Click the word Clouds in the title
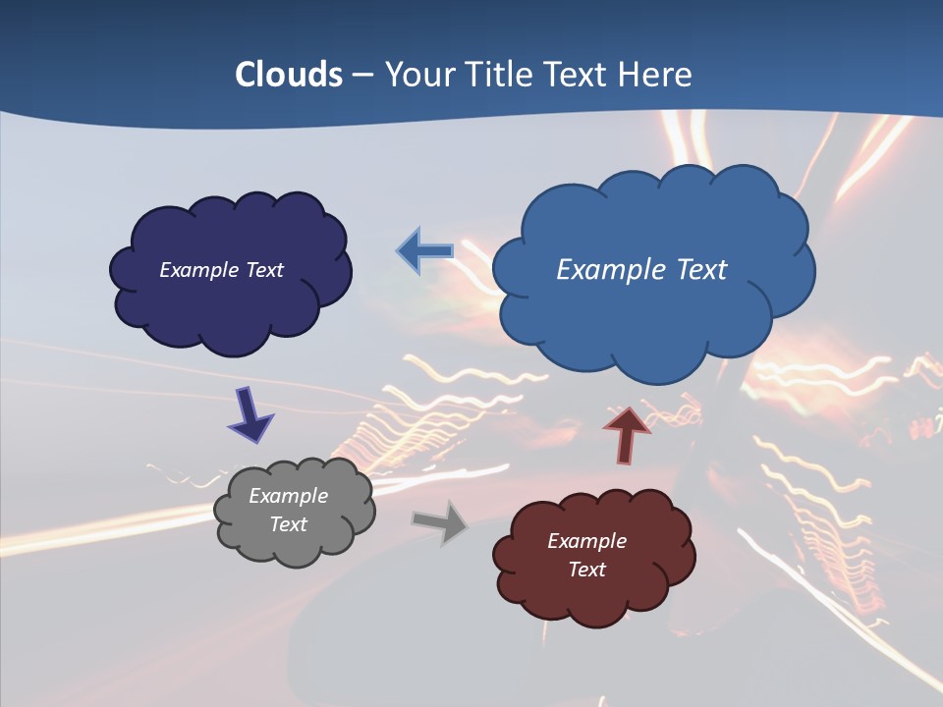point(289,75)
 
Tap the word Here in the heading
point(655,75)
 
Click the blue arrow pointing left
point(425,251)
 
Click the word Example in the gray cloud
point(288,497)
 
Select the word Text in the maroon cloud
point(586,570)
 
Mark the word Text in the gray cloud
point(288,525)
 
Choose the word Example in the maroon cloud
point(586,541)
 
